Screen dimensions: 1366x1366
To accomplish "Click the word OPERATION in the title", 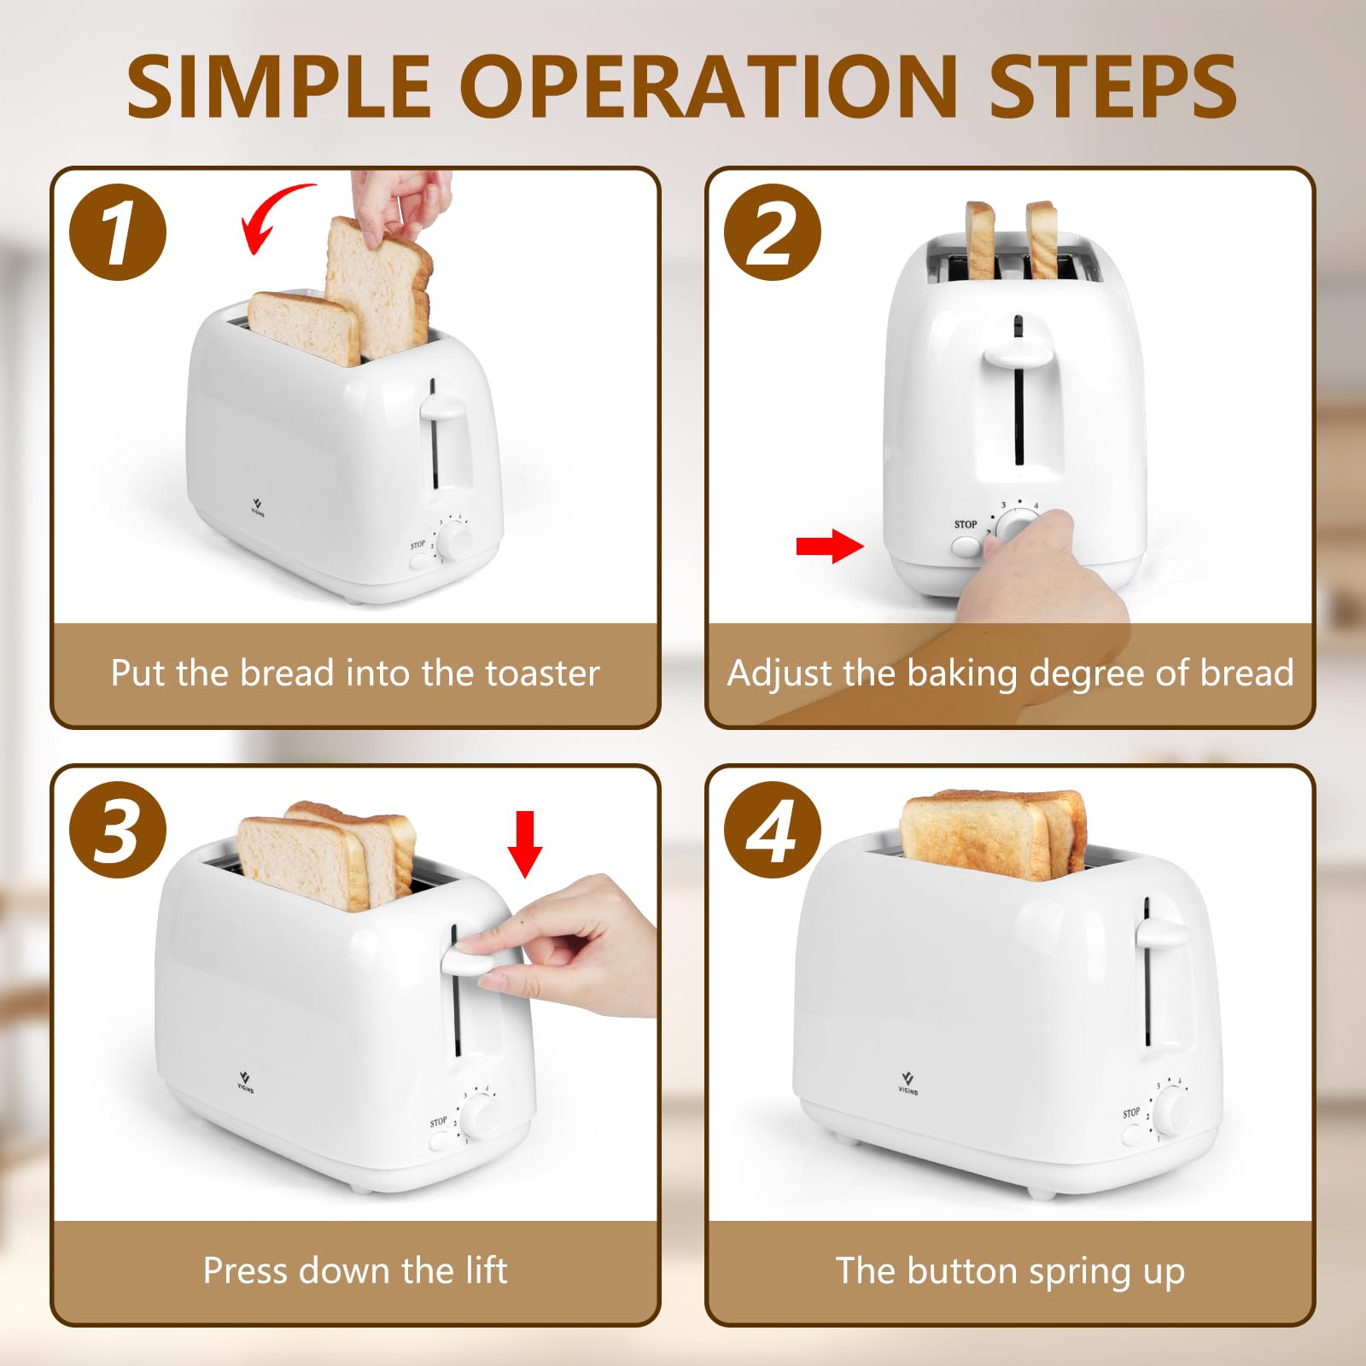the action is point(709,86).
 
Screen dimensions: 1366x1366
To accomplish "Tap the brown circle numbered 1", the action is point(118,232).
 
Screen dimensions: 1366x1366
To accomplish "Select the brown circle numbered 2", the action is point(772,232).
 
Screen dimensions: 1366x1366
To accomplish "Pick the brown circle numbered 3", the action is point(118,830).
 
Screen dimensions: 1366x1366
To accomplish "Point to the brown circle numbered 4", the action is point(772,830).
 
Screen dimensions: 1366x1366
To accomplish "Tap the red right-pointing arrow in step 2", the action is point(829,546).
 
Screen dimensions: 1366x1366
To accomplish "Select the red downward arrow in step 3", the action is point(524,844).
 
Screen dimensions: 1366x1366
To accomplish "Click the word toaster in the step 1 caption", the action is point(543,674).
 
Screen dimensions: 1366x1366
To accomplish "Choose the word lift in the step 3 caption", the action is point(486,1270).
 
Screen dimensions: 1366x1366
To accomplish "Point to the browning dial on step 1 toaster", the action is point(455,540).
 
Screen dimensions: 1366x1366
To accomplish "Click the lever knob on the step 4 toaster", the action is point(1161,933).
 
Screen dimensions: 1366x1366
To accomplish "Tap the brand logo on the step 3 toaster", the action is point(245,1081).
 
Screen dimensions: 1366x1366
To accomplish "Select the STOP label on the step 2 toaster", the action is point(966,524).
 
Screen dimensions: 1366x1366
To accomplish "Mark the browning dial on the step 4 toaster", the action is point(1176,1112).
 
